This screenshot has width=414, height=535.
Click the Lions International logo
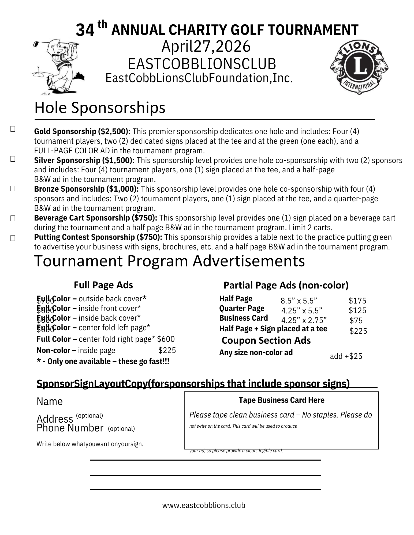tap(359, 67)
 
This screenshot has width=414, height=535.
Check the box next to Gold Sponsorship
tap(13, 129)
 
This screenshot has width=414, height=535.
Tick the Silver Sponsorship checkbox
tap(13, 159)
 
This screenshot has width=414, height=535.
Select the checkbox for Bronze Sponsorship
tap(13, 189)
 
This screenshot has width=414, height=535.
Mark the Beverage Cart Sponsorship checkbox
tap(13, 218)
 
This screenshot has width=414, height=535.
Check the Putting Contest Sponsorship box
tap(13, 238)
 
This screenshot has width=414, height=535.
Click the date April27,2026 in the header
tap(206, 46)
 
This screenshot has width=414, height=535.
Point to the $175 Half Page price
tap(357, 301)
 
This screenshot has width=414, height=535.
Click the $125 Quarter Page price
tap(357, 310)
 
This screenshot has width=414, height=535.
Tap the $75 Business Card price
tap(356, 321)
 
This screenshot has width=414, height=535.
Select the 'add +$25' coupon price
tap(346, 356)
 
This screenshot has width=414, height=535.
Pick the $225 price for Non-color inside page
tap(167, 350)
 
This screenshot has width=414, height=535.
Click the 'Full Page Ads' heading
tap(103, 285)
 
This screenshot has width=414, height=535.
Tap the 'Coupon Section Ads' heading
tap(266, 340)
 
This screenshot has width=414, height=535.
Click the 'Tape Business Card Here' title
tap(281, 400)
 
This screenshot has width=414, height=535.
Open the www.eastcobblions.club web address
tap(204, 505)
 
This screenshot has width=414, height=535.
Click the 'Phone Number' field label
tap(70, 428)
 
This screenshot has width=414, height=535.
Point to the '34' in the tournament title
tap(85, 30)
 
